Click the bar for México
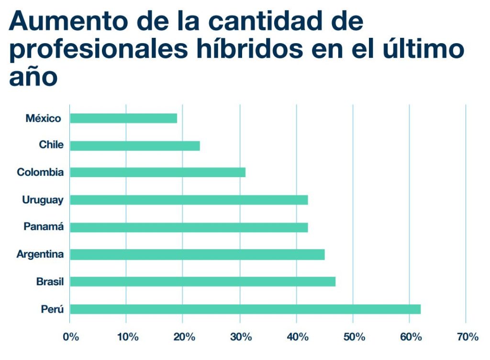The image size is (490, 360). (123, 118)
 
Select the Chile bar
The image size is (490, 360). (135, 146)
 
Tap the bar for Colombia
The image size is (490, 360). (157, 172)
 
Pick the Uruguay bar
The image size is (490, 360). (189, 200)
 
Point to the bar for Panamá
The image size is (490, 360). (189, 227)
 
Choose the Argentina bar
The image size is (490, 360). (197, 254)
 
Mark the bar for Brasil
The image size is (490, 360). (202, 281)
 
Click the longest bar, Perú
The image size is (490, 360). (245, 309)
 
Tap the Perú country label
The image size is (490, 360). (52, 309)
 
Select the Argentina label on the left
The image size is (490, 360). (40, 254)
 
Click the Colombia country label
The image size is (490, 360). (40, 172)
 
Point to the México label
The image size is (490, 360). (44, 118)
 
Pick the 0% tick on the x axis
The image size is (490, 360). (71, 337)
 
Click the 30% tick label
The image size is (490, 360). (241, 337)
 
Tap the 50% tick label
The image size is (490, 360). (354, 337)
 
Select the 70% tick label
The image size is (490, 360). (467, 337)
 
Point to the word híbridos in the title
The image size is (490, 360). (255, 49)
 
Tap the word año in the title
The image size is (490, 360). (33, 77)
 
